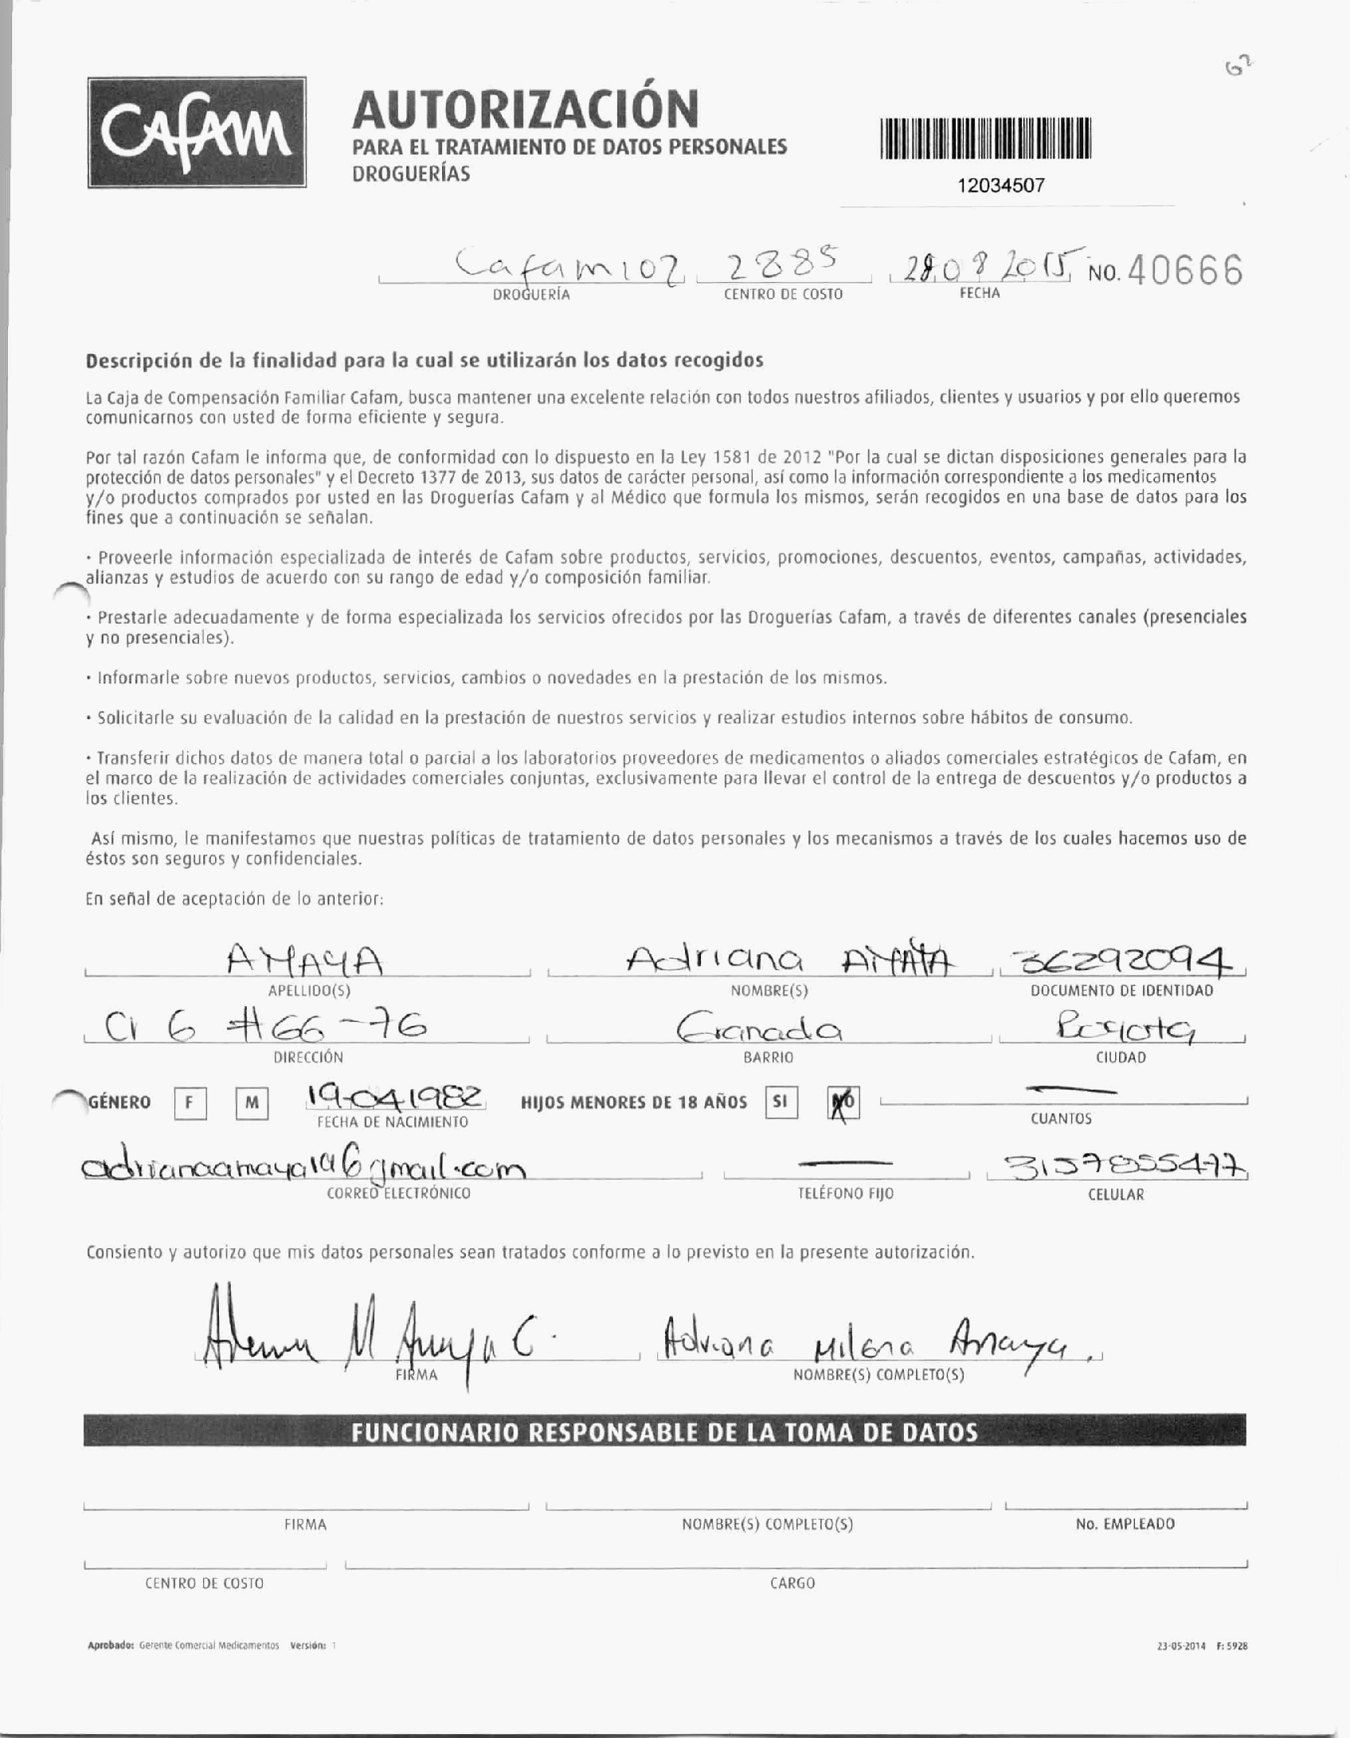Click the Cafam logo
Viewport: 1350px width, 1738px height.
click(197, 132)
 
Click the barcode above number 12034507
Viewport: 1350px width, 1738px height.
click(985, 139)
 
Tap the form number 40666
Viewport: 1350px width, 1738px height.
click(1184, 273)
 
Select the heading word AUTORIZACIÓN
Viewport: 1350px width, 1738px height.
click(525, 109)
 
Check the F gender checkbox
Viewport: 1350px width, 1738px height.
click(190, 1103)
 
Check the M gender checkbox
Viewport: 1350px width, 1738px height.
click(252, 1103)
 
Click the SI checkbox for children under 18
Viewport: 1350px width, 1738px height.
click(781, 1102)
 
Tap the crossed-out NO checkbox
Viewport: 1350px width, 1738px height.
click(843, 1104)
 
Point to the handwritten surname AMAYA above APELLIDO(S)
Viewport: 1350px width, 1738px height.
click(306, 960)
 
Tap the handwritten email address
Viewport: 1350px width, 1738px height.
click(303, 1169)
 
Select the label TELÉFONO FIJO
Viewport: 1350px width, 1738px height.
click(845, 1193)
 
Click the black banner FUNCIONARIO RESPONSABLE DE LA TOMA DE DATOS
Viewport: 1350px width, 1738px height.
click(664, 1432)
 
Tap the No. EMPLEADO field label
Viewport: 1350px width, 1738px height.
click(1125, 1524)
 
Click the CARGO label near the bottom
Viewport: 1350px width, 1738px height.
click(792, 1583)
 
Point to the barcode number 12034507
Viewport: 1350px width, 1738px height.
click(1000, 186)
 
